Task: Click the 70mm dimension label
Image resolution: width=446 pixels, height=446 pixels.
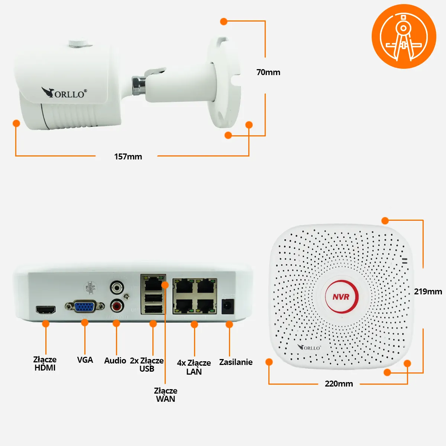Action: pos(268,72)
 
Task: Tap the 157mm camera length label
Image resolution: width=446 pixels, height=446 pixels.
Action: pos(128,156)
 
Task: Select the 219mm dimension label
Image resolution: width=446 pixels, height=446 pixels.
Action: pos(428,291)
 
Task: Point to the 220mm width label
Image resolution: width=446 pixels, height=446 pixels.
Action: pos(339,384)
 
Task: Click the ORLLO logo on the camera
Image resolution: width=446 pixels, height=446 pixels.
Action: pos(64,93)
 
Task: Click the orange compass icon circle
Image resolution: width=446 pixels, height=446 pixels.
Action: pos(404,36)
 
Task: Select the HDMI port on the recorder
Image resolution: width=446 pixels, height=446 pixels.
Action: pos(45,309)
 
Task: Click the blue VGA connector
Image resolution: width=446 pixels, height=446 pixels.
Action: pos(84,307)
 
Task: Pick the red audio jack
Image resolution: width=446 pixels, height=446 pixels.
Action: pos(117,307)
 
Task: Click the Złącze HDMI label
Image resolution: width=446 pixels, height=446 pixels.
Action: pos(45,363)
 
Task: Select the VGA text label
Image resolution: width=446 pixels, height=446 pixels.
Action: pos(85,360)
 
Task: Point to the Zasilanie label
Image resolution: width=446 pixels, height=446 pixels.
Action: pos(236,362)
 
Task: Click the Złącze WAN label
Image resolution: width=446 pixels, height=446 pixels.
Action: pos(165,395)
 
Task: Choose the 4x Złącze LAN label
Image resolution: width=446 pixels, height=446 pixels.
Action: pos(194,367)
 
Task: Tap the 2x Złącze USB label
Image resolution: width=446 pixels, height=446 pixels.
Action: pos(147,365)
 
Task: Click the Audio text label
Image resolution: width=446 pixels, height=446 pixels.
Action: pos(115,361)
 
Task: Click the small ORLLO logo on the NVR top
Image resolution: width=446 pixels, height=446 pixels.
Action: pos(309,348)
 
